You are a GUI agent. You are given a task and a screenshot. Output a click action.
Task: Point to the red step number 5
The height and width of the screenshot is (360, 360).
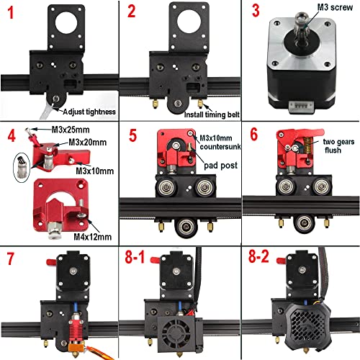(x=132, y=134)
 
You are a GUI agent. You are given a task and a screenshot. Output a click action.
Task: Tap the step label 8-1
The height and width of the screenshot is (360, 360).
(x=137, y=257)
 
